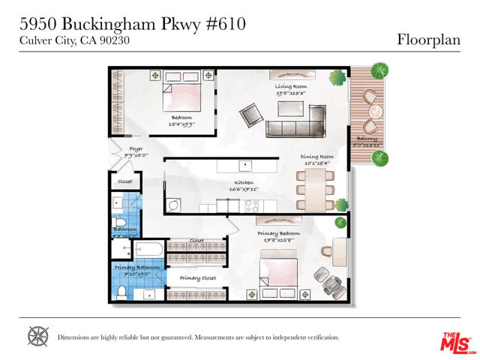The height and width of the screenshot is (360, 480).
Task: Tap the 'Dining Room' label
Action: pyautogui.click(x=317, y=157)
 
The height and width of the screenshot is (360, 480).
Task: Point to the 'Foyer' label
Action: pyautogui.click(x=136, y=148)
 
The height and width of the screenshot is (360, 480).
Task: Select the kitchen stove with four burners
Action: pyautogui.click(x=251, y=204)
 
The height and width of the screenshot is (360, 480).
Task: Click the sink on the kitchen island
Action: pyautogui.click(x=244, y=165)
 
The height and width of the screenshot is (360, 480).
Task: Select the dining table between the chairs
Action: pyautogui.click(x=316, y=190)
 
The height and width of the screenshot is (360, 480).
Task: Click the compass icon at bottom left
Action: pyautogui.click(x=37, y=336)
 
